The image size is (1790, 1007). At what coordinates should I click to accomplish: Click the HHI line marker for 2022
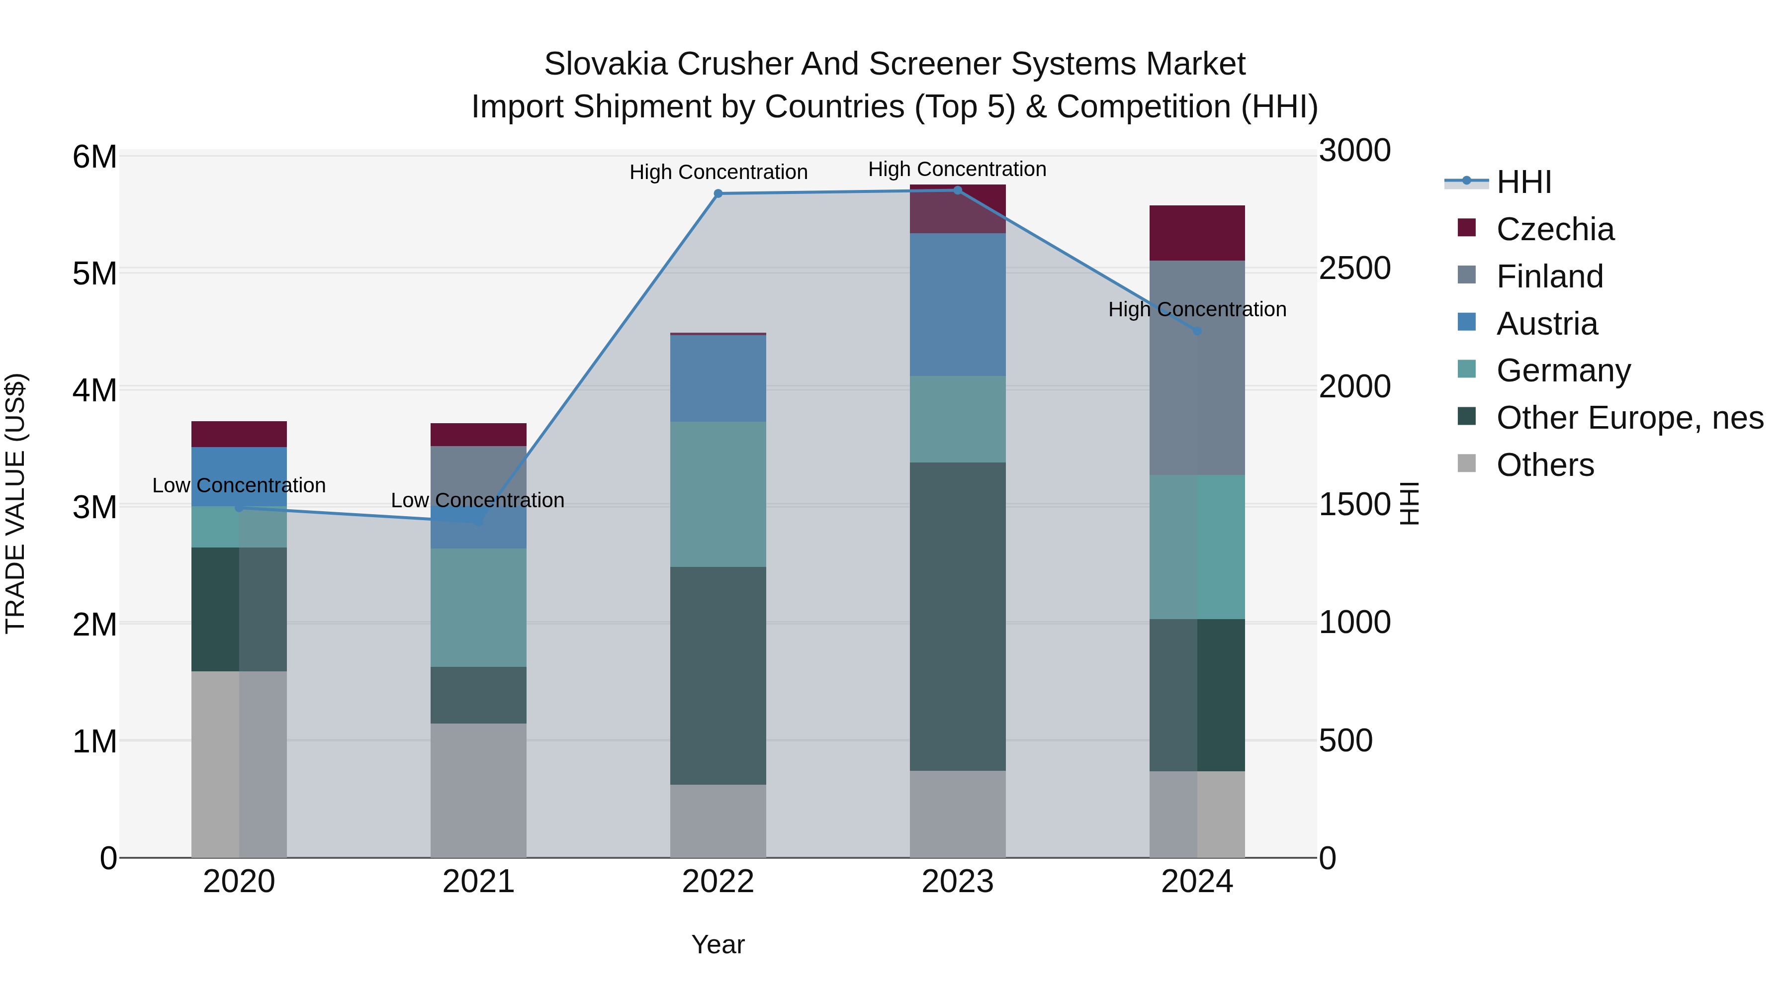coord(718,194)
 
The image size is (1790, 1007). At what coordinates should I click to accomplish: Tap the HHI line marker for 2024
coord(1197,332)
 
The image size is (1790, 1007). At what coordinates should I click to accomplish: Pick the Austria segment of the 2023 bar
coord(958,304)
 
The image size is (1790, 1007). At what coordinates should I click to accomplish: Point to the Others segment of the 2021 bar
coord(478,790)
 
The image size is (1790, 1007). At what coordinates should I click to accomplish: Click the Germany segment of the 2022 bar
coord(718,494)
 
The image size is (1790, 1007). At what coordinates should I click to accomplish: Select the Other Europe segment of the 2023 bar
coord(958,617)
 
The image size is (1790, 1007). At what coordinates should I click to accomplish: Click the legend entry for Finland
coord(1549,276)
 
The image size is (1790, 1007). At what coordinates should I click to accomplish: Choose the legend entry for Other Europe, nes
coord(1629,418)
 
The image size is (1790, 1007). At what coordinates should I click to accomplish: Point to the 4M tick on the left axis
coord(94,390)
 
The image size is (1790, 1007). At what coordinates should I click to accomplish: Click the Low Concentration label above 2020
coord(239,485)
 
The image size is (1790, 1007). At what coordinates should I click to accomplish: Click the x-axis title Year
coord(718,944)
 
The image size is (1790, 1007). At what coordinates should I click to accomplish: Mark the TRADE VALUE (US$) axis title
coord(15,503)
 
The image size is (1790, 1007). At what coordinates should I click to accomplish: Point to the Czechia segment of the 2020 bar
coord(239,434)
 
